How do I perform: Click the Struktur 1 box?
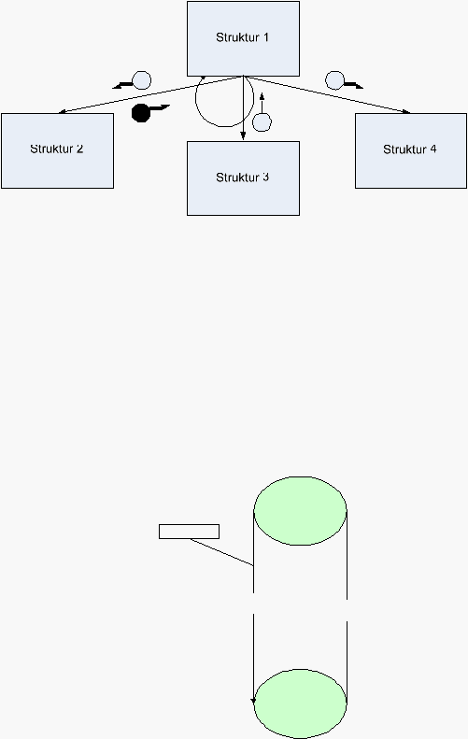pos(243,38)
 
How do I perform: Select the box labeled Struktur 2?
pos(58,150)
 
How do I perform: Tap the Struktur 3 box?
pos(243,178)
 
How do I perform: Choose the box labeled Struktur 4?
pos(411,150)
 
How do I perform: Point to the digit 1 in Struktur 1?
pos(266,37)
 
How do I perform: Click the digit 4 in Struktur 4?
pos(433,149)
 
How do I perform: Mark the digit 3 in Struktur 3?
pos(266,178)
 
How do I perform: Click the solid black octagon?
pos(141,113)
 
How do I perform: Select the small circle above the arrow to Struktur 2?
pos(141,80)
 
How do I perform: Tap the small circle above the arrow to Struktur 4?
pos(334,80)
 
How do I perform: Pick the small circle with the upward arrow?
pos(262,122)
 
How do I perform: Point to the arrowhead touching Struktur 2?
pos(62,112)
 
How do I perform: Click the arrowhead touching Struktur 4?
pos(406,112)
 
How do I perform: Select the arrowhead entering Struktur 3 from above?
pos(243,136)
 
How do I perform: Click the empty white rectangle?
pos(189,532)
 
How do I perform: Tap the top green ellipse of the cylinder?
pos(300,511)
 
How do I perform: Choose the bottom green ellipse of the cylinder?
pos(300,703)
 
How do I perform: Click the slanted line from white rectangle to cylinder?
pos(222,552)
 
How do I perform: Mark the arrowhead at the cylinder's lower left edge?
pos(253,702)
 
